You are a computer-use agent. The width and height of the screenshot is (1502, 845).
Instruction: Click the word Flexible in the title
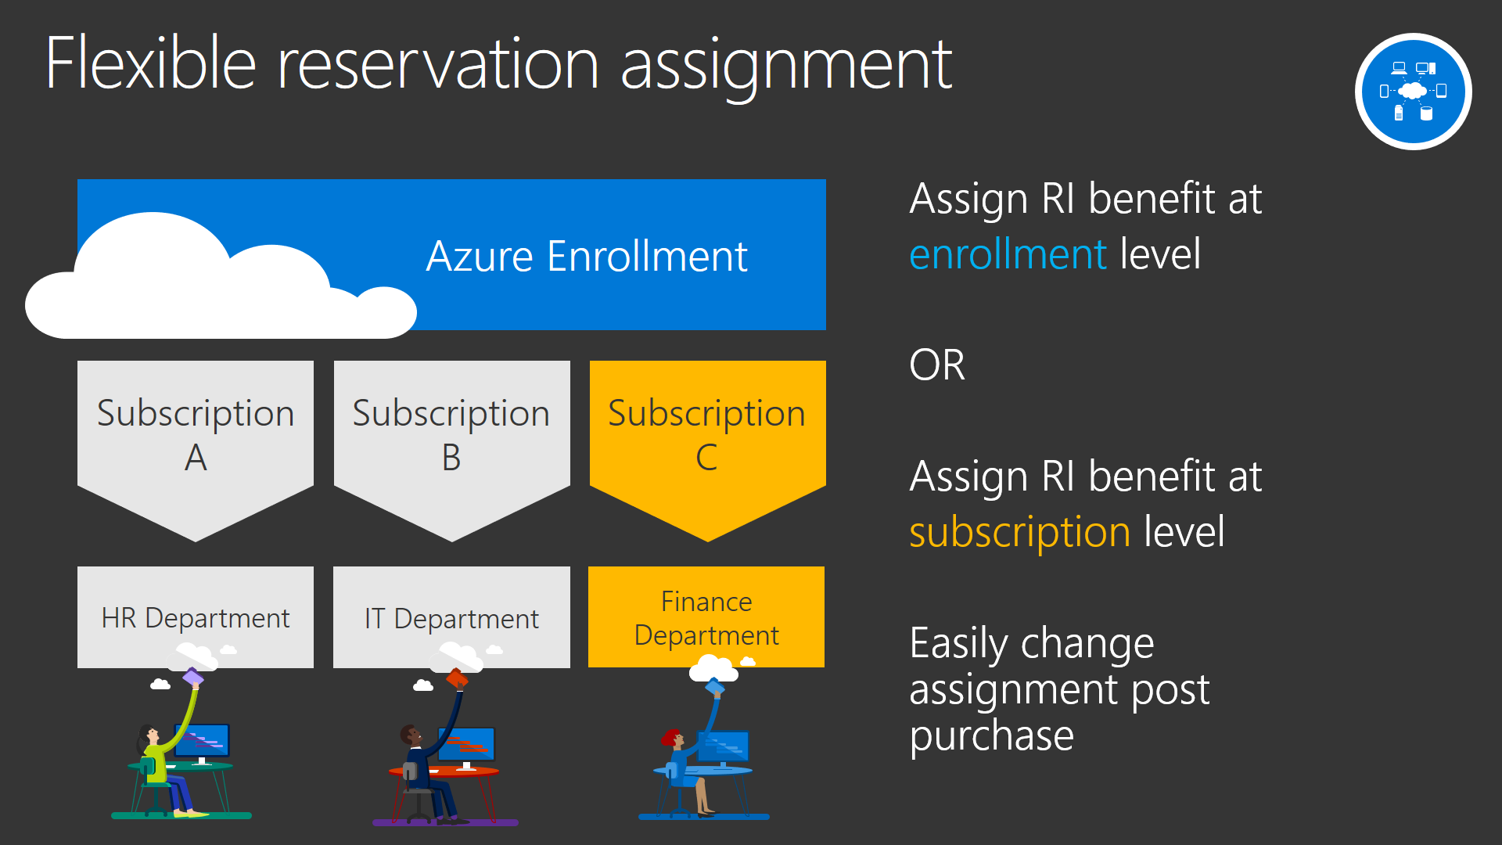click(x=151, y=63)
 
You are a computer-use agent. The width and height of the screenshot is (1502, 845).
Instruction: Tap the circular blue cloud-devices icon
click(x=1413, y=92)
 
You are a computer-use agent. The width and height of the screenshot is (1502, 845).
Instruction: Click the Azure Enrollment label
click(x=587, y=256)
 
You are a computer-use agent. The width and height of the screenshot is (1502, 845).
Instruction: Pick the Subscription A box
click(x=196, y=438)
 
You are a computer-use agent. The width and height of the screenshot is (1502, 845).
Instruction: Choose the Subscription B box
click(x=451, y=438)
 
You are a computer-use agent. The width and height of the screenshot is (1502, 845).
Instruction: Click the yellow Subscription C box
click(x=707, y=438)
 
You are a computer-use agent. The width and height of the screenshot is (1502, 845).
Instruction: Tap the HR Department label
click(x=196, y=618)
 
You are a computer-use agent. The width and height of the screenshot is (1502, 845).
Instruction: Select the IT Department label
click(x=451, y=619)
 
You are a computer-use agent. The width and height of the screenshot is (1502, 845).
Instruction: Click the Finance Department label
click(x=706, y=618)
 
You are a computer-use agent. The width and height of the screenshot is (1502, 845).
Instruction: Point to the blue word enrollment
click(x=1008, y=254)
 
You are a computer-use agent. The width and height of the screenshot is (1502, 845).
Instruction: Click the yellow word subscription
click(x=1019, y=533)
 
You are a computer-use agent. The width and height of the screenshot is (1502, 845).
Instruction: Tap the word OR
click(x=937, y=365)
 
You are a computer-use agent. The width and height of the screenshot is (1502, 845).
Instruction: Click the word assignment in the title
click(x=786, y=67)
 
